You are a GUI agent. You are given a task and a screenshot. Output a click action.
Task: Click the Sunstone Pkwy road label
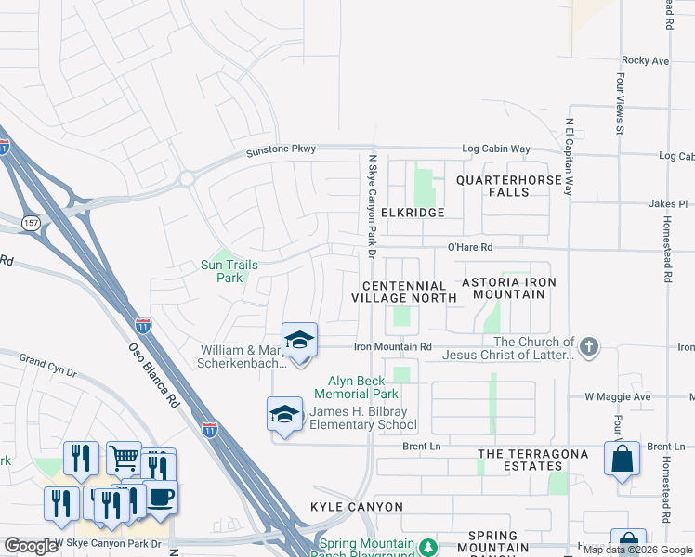281,149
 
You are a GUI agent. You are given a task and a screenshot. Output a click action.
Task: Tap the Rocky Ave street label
645,60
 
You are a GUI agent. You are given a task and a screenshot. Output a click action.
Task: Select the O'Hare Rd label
469,248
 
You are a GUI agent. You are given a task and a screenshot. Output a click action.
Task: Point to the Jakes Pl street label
667,203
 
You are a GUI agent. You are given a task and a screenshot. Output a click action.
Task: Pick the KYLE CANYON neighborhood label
357,507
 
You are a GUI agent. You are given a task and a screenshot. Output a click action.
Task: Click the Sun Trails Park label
229,271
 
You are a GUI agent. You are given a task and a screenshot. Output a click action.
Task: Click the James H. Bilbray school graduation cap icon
285,413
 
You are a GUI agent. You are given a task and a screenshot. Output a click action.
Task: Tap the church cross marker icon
587,347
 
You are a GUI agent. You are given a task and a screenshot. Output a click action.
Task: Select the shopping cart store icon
123,457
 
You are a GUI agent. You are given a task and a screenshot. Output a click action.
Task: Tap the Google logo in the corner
31,546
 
